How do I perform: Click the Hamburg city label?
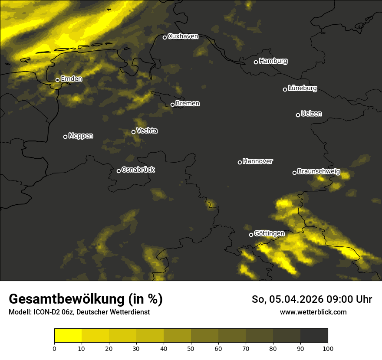click(273, 61)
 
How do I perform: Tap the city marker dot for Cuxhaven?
click(165, 37)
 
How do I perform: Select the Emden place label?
click(71, 79)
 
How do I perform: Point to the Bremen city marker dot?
click(172, 105)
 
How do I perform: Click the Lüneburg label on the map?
click(302, 88)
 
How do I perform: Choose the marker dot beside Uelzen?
click(298, 115)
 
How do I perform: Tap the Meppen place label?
click(80, 136)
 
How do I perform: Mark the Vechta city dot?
click(133, 132)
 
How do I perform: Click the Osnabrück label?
click(138, 170)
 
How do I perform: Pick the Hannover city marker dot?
click(240, 162)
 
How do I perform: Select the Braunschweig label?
click(319, 172)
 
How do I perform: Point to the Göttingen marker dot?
click(251, 235)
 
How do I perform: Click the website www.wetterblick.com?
click(313, 312)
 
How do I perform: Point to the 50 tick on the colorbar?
click(191, 348)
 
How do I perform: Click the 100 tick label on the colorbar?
click(328, 348)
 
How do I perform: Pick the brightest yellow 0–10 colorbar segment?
click(68, 336)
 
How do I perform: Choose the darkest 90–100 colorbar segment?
click(314, 336)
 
